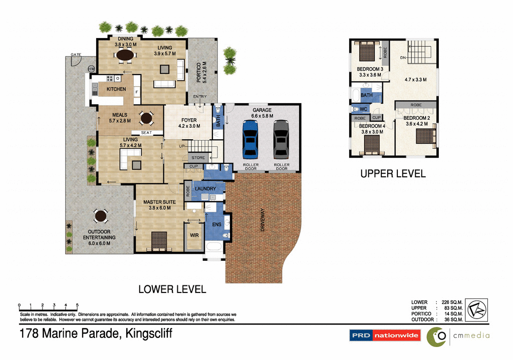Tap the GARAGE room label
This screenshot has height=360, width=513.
click(262, 110)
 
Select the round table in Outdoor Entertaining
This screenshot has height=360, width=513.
click(101, 216)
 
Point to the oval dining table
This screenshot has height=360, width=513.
click(125, 57)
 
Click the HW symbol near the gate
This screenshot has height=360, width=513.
click(92, 69)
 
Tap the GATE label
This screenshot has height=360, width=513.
click(76, 55)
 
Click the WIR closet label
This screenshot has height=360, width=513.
click(193, 234)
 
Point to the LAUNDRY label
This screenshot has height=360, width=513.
click(205, 189)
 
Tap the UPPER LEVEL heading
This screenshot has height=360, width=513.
click(393, 174)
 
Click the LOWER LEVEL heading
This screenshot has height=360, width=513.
click(172, 289)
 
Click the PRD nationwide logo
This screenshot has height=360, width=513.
click(384, 335)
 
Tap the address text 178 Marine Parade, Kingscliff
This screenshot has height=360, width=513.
click(95, 333)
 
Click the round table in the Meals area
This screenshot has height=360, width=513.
click(146, 119)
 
